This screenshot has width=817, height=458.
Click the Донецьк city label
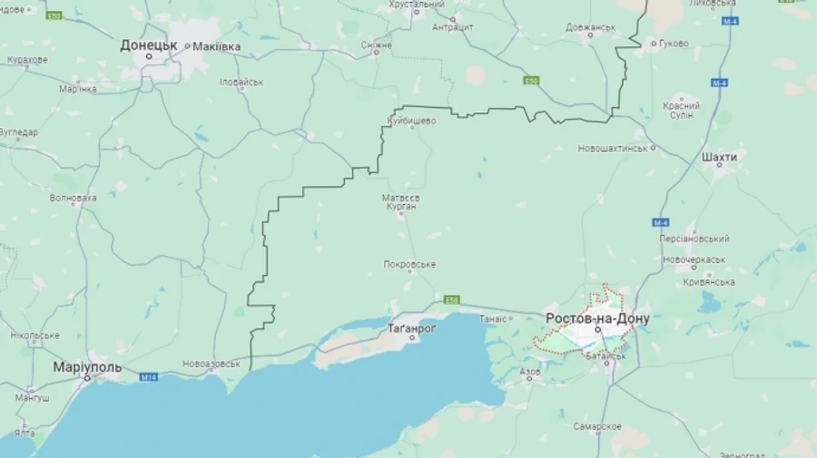[149, 44]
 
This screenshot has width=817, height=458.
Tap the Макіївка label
[217, 46]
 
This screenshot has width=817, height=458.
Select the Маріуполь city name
[87, 366]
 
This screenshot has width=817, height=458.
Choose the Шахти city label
[719, 157]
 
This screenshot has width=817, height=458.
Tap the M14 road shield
[149, 375]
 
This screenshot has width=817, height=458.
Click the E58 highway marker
[452, 299]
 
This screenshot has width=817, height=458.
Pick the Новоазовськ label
[212, 364]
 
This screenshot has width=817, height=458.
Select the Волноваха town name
[74, 197]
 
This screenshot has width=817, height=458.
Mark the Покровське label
[409, 265]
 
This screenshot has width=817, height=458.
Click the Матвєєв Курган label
[400, 201]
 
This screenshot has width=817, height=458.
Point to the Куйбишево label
[411, 120]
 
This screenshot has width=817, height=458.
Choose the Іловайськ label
[241, 82]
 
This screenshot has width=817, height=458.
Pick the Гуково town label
[673, 43]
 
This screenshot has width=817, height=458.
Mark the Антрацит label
[453, 26]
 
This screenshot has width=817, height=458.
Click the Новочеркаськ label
[694, 259]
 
